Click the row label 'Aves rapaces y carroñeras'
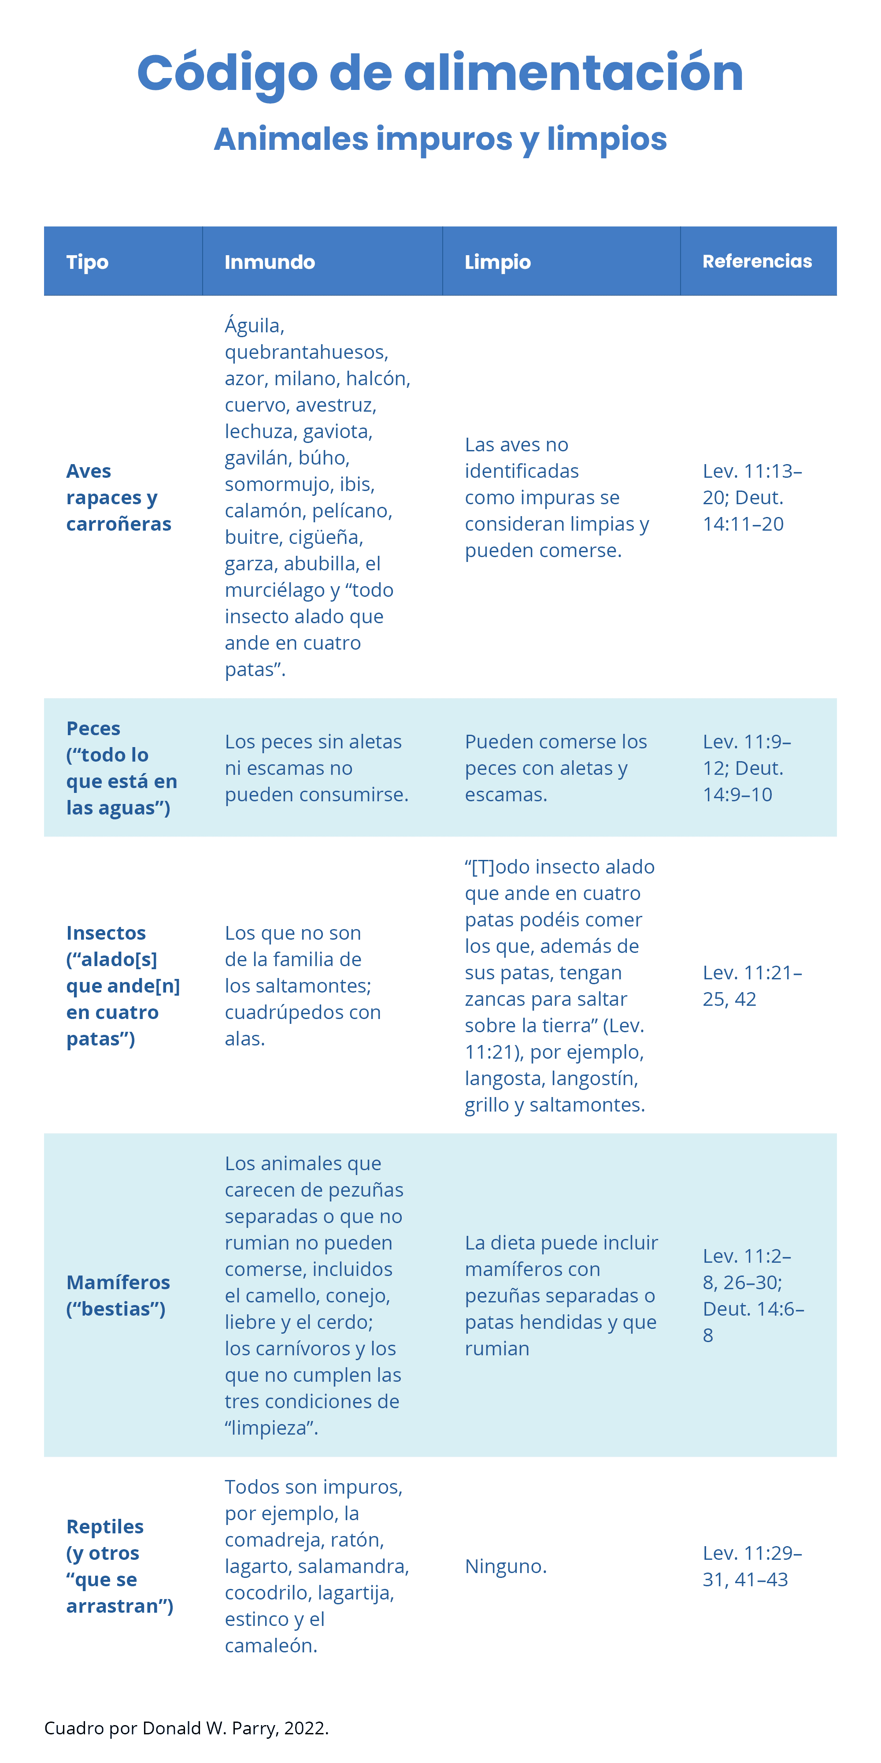coord(118,498)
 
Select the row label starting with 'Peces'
coord(121,768)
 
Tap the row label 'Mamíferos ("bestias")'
coord(118,1295)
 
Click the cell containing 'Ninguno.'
coord(506,1566)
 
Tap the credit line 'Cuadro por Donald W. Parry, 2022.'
coord(186,1729)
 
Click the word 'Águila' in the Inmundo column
coord(254,326)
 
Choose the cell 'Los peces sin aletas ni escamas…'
coord(316,768)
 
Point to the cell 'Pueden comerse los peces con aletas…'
coord(555,768)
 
